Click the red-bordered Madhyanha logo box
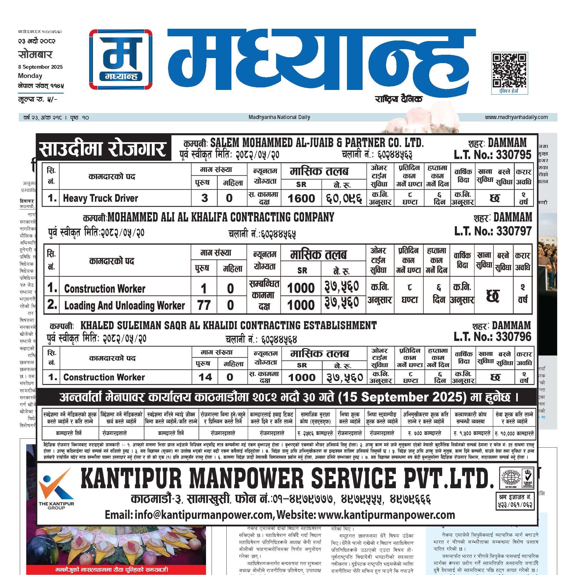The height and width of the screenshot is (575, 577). tap(121, 59)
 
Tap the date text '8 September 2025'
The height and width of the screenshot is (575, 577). tap(40, 67)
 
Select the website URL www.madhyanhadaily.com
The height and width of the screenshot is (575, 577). tap(516, 117)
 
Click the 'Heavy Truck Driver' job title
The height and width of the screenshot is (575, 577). tap(100, 198)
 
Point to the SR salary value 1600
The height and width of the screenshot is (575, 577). tap(301, 198)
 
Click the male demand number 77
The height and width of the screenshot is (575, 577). tap(204, 305)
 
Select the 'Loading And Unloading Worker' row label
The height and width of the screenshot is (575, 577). tap(125, 305)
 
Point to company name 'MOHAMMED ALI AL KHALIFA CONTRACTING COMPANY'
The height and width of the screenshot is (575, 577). tap(221, 217)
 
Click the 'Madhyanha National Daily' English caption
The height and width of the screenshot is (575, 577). tap(279, 117)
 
